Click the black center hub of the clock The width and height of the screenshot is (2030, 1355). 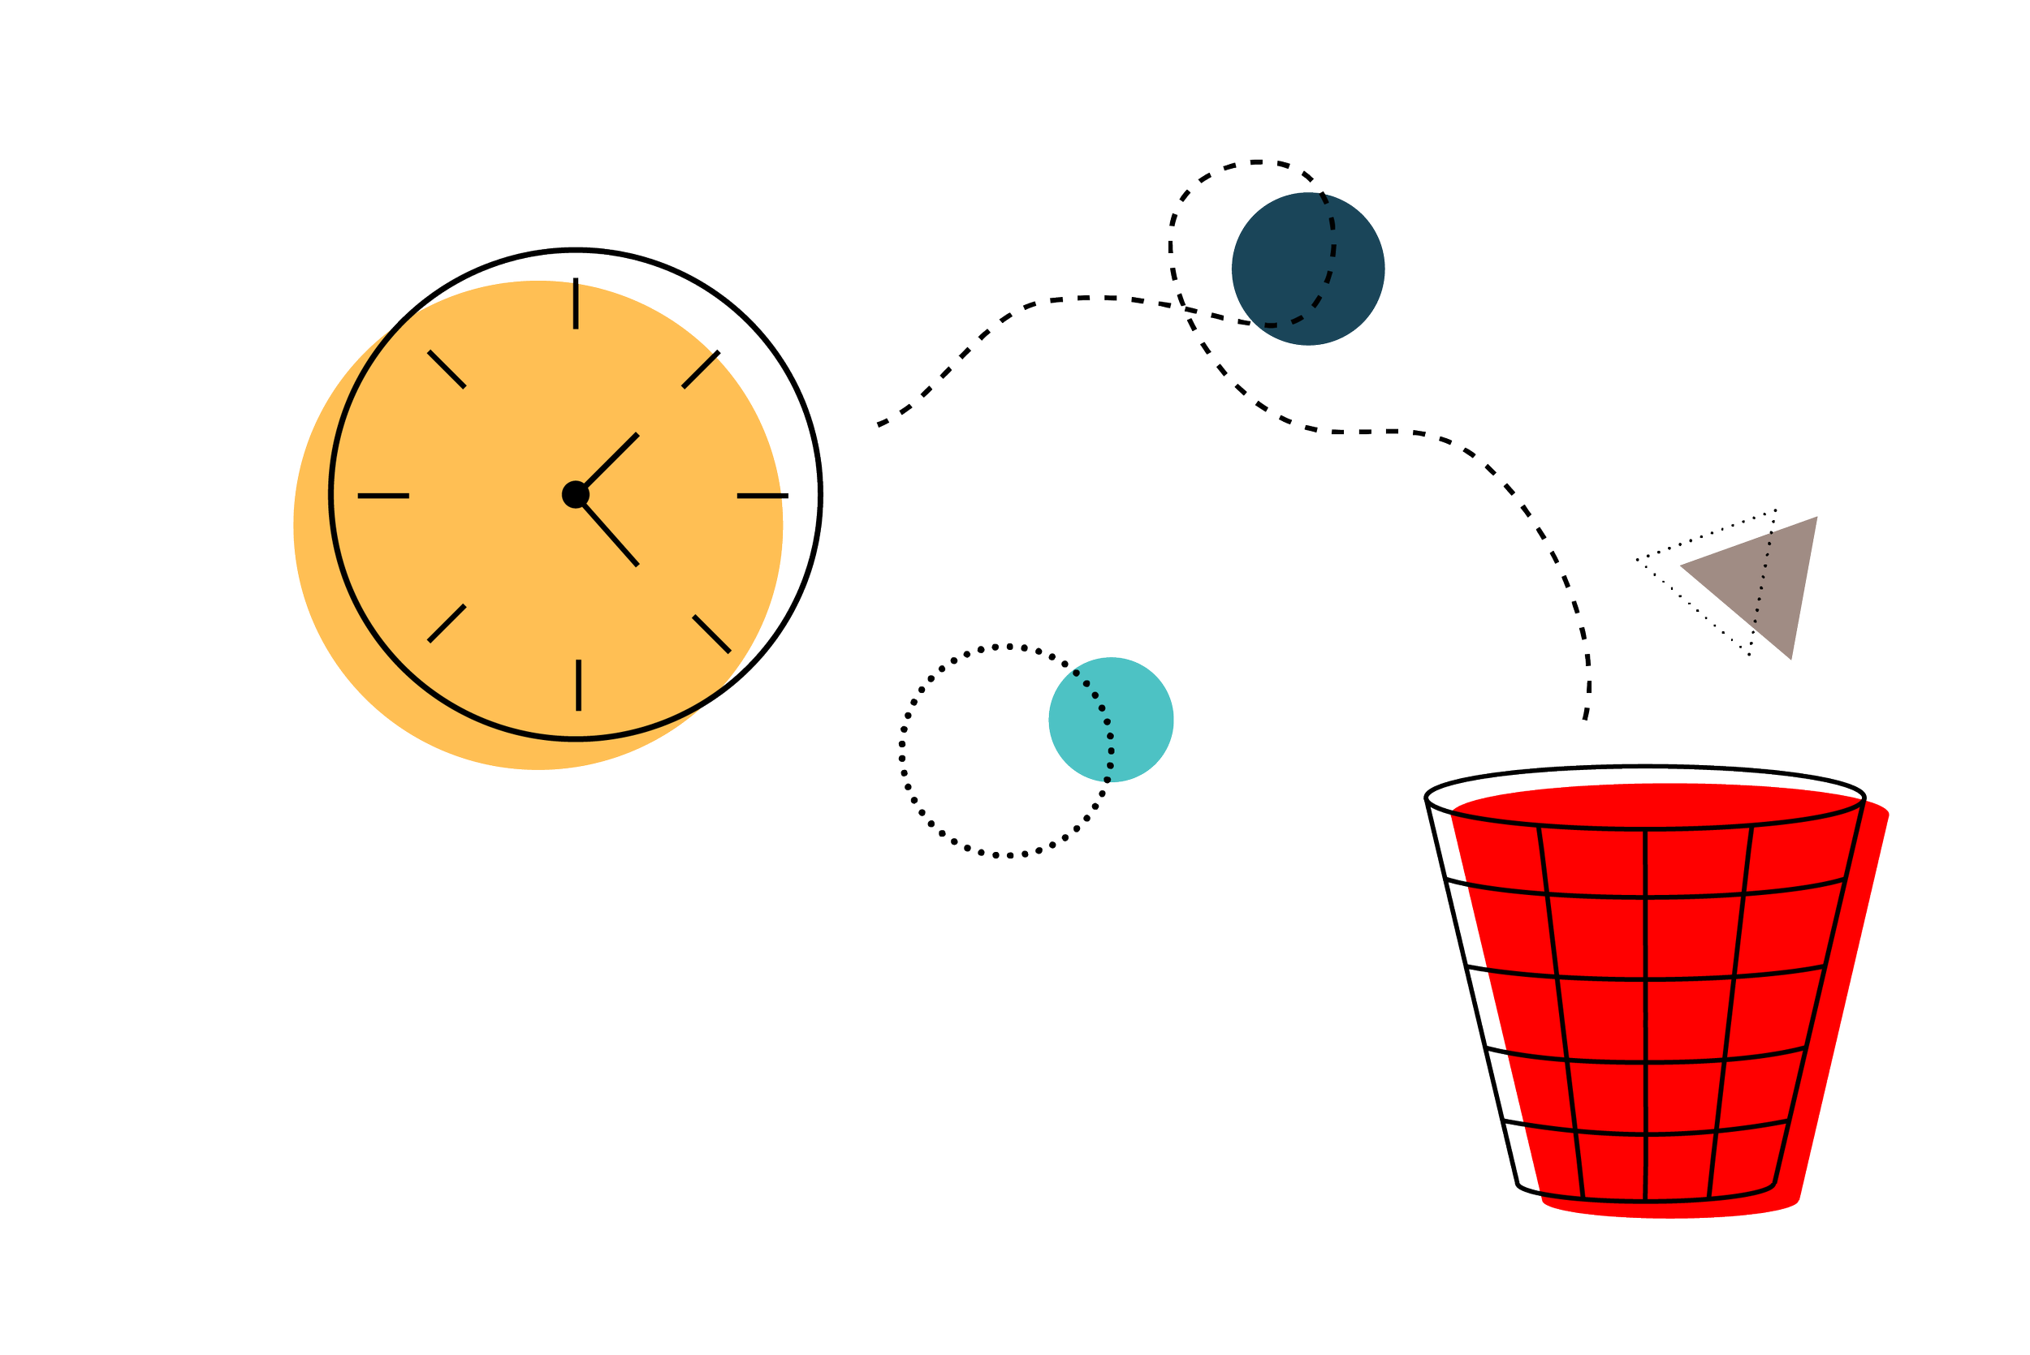[x=575, y=495]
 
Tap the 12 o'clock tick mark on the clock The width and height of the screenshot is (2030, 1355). [x=576, y=303]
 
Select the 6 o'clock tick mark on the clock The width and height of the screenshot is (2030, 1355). [x=578, y=686]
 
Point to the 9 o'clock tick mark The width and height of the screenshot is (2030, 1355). [x=383, y=496]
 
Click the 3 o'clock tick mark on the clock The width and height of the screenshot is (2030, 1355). [x=763, y=496]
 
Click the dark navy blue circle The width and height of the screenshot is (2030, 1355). [x=1308, y=269]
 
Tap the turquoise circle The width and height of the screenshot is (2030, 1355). [x=1111, y=720]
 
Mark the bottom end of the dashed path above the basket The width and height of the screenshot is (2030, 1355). [x=1585, y=716]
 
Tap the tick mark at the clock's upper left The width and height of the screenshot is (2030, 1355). [x=447, y=369]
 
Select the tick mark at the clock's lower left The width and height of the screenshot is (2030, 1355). [x=447, y=623]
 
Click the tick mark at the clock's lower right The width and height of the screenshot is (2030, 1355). [x=711, y=634]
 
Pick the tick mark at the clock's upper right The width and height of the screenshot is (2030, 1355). [x=702, y=369]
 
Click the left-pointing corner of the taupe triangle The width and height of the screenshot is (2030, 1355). [x=1680, y=567]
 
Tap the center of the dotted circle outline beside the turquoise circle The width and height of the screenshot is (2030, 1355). [x=1005, y=750]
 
